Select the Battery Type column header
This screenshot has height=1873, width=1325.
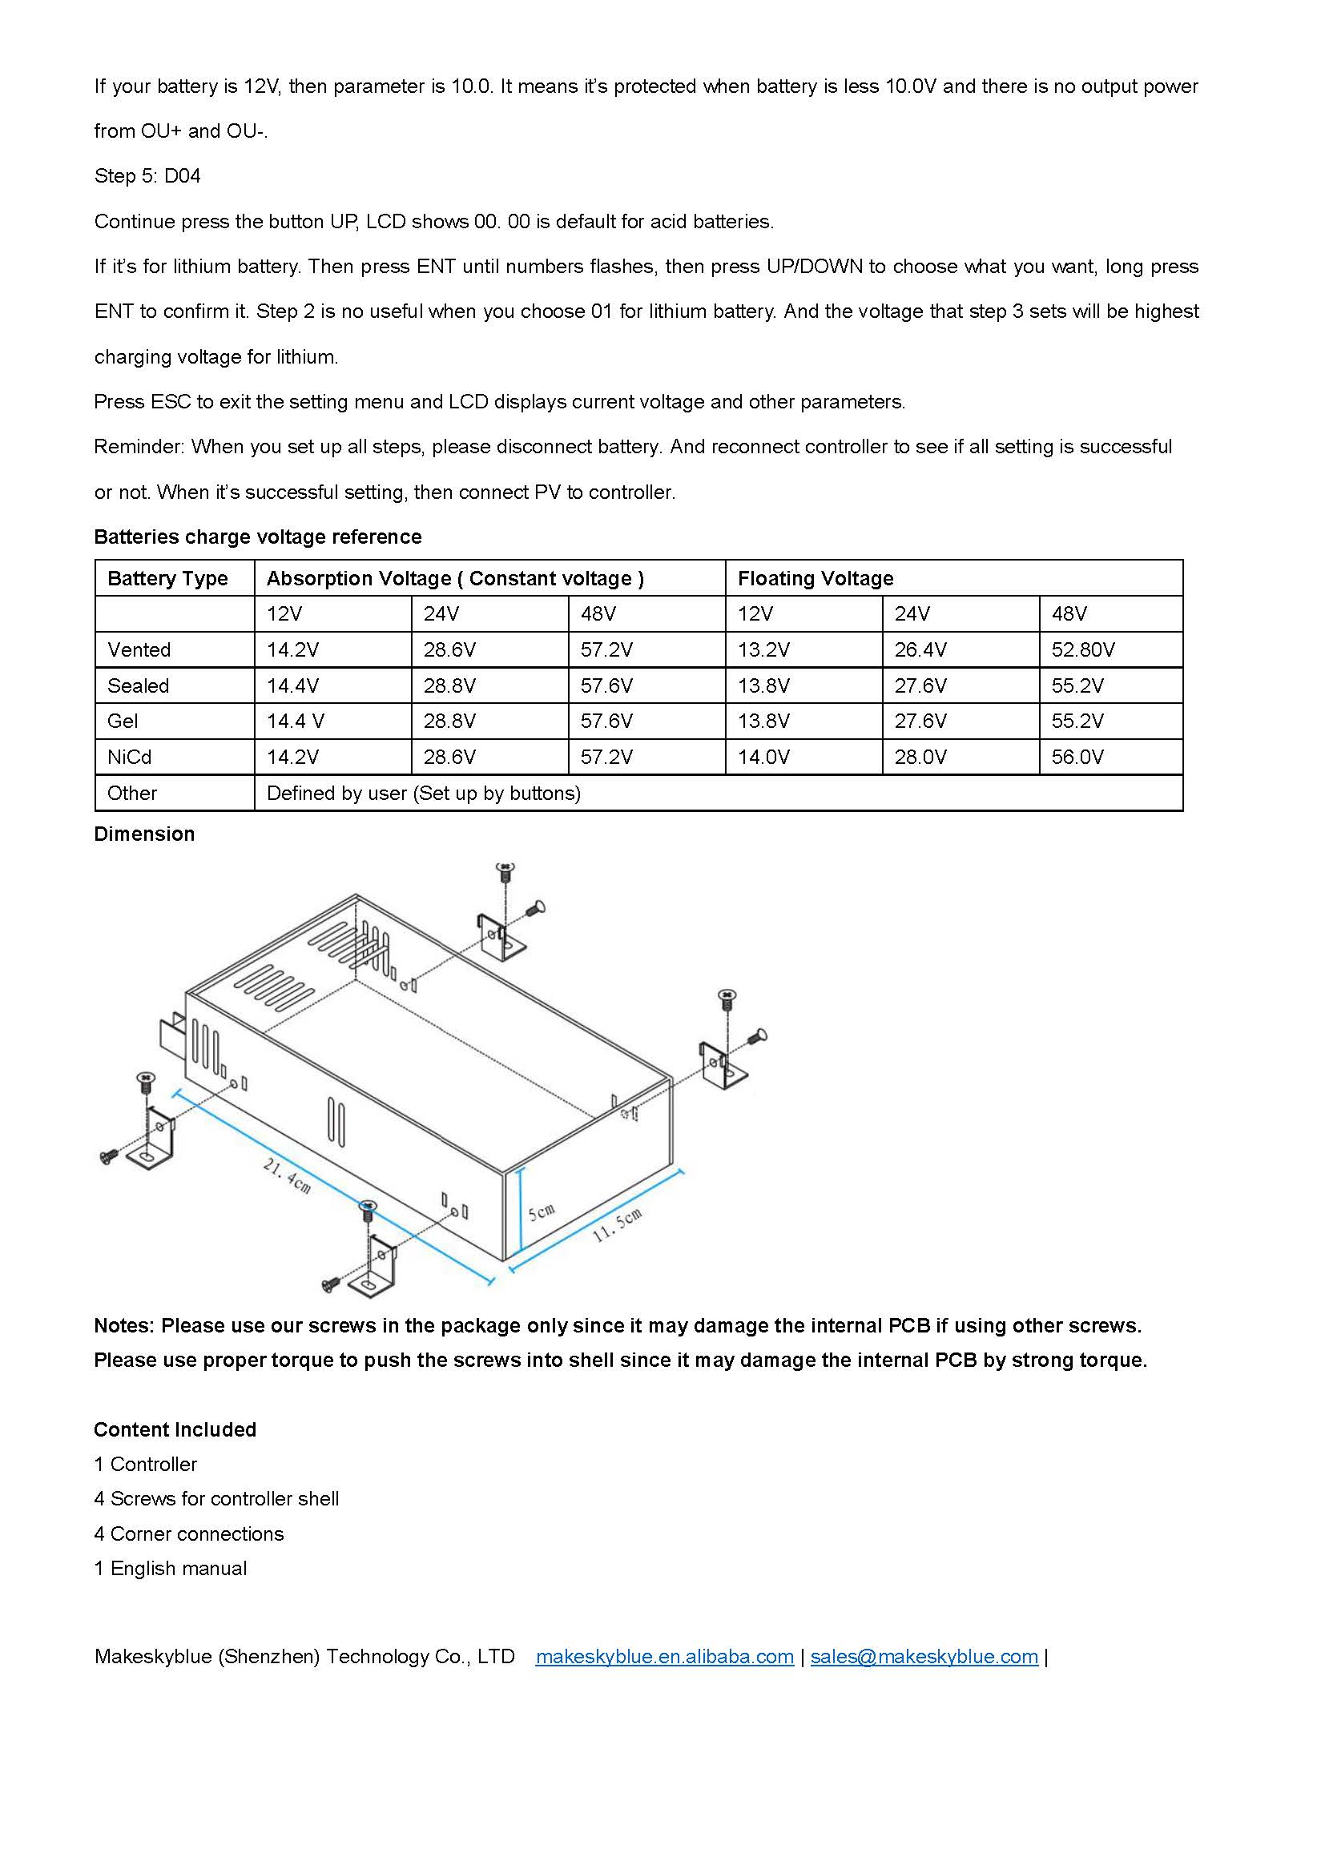[x=167, y=578]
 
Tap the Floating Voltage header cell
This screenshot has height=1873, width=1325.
[x=815, y=578]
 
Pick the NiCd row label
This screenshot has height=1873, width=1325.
[x=130, y=757]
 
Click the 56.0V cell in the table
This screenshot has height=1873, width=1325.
[x=1077, y=757]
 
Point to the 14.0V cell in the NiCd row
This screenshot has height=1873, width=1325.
[x=763, y=757]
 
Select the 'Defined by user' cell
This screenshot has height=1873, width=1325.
[x=424, y=793]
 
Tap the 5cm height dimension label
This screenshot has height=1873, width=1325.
[x=541, y=1212]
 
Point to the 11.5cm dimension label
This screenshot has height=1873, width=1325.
[x=617, y=1225]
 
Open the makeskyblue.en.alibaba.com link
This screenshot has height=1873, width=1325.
[x=664, y=1657]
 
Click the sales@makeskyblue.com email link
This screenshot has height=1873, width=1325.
[x=924, y=1657]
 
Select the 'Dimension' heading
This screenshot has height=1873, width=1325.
[x=144, y=834]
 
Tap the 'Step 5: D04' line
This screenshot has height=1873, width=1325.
[x=147, y=176]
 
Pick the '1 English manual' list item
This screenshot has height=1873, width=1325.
[x=170, y=1568]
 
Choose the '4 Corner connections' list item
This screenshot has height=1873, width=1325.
[x=188, y=1533]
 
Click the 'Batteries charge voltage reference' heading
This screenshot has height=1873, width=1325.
[x=258, y=537]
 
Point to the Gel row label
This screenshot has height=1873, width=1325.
[x=123, y=721]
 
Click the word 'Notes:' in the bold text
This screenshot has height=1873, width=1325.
[x=124, y=1325]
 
